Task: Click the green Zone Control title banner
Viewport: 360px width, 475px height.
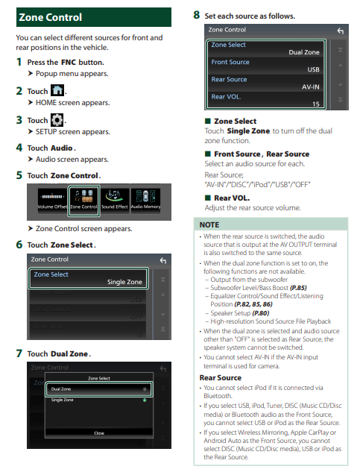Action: [94, 17]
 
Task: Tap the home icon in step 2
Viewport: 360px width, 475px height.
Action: [57, 90]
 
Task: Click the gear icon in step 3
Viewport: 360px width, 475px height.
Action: [57, 120]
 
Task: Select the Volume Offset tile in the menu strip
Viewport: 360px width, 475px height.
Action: [52, 201]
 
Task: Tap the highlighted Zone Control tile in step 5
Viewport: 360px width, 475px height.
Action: [83, 201]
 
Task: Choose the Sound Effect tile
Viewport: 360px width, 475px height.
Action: [115, 201]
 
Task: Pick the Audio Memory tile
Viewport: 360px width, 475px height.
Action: [145, 201]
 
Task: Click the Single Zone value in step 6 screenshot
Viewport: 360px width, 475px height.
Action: [124, 282]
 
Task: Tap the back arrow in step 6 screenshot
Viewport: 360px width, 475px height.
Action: [163, 260]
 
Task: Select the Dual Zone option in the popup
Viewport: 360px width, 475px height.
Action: [98, 389]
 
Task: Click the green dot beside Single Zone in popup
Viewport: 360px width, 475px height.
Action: [145, 400]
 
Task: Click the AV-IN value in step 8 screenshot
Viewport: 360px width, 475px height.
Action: [310, 87]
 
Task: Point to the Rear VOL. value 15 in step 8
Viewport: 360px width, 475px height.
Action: [316, 104]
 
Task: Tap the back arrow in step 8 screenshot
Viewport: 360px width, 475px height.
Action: [341, 31]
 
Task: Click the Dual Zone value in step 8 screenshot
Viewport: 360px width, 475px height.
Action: [304, 52]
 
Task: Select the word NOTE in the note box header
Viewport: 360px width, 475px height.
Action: [209, 224]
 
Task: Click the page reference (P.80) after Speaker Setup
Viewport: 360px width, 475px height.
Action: [260, 313]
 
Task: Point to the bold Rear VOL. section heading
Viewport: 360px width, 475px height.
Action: [232, 198]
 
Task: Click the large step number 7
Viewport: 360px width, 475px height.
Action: [19, 353]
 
